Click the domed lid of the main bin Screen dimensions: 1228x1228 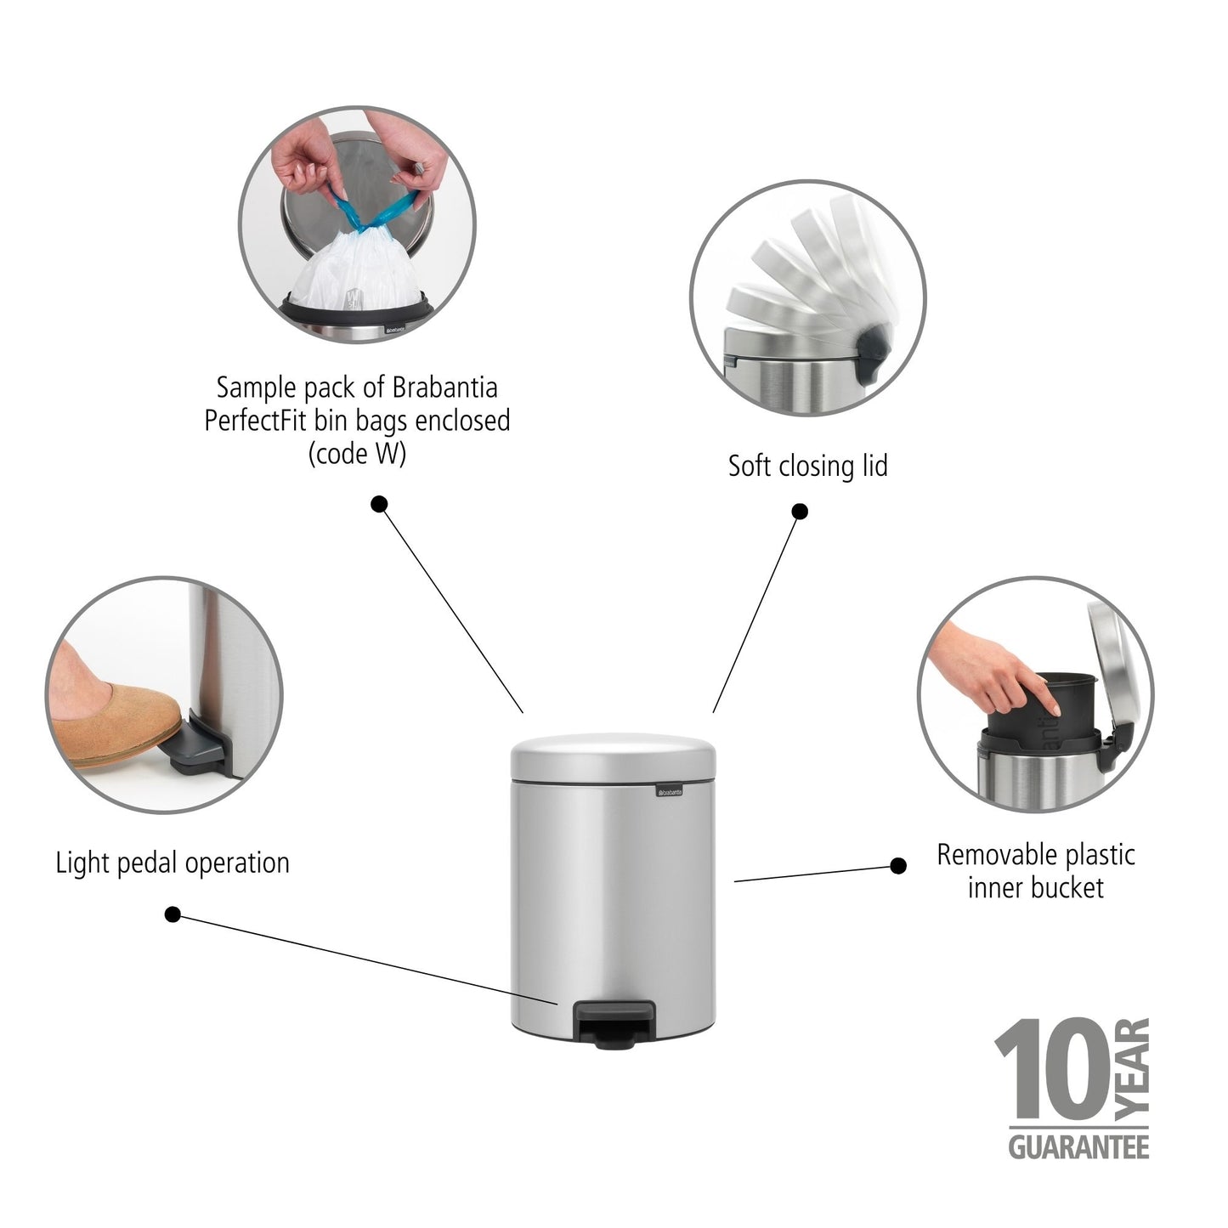tap(614, 754)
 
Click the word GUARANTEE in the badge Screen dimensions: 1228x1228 tap(1078, 1148)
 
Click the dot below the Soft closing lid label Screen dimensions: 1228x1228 tap(799, 512)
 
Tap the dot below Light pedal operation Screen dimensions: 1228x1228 tap(173, 914)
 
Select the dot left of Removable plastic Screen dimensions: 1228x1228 tap(897, 866)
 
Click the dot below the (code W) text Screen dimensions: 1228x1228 tap(380, 504)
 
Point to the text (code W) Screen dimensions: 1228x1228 tap(357, 454)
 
